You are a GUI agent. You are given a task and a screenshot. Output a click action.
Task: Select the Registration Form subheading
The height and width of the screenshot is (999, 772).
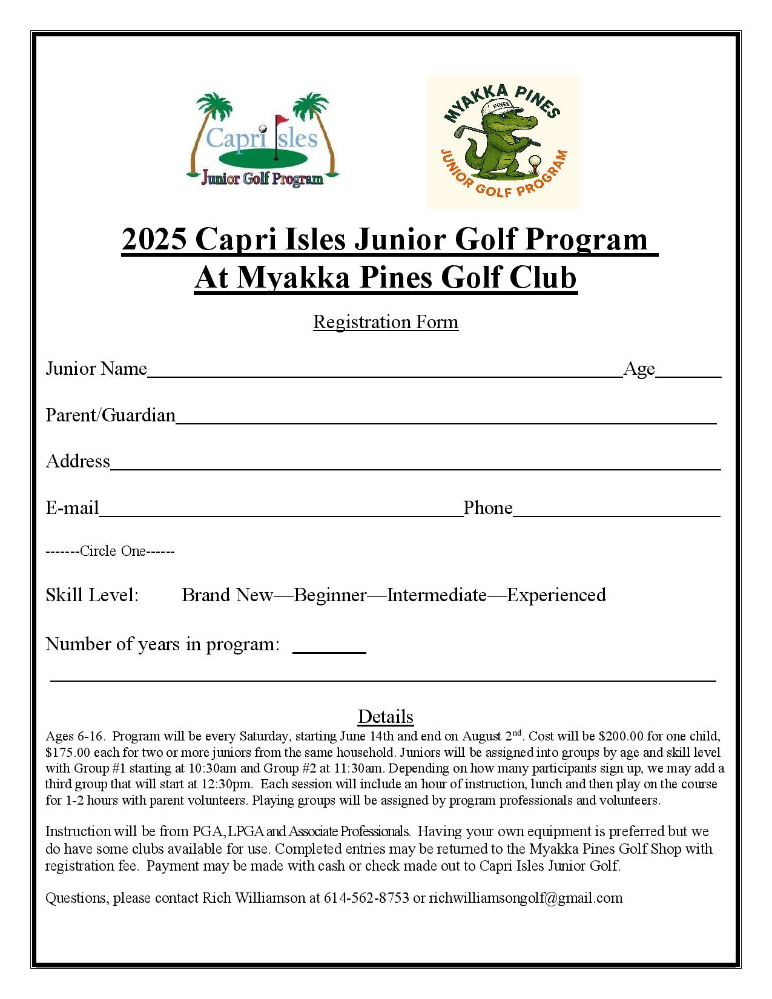coord(386,321)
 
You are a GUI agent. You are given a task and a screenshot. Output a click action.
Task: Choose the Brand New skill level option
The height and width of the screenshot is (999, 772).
coord(228,595)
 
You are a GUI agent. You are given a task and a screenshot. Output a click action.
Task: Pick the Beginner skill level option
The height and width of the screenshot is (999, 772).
coord(330,595)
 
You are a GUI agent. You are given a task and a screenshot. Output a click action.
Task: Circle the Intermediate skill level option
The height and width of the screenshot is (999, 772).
coord(437,595)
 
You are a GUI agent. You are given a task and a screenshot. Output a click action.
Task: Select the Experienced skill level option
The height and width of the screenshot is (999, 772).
coord(556,595)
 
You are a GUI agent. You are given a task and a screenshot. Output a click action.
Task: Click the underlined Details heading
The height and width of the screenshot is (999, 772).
coord(386,717)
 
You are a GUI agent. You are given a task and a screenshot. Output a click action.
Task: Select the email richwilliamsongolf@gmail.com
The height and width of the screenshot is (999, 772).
coord(526,898)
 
